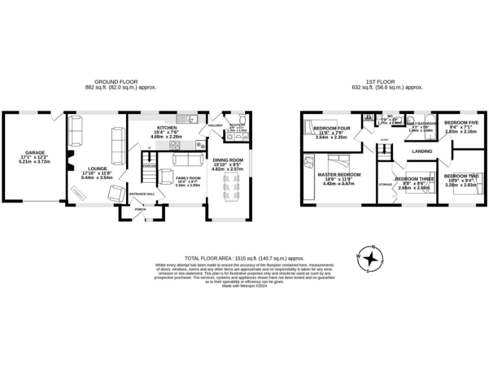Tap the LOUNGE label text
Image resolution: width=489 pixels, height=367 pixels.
(94, 169)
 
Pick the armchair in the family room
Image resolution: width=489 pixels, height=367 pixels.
(165, 176)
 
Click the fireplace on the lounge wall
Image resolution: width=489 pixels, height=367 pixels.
(71, 162)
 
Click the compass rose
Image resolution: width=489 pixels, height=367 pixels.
(369, 258)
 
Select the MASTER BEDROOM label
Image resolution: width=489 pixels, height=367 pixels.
(339, 175)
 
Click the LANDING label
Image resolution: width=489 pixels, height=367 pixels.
(422, 151)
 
